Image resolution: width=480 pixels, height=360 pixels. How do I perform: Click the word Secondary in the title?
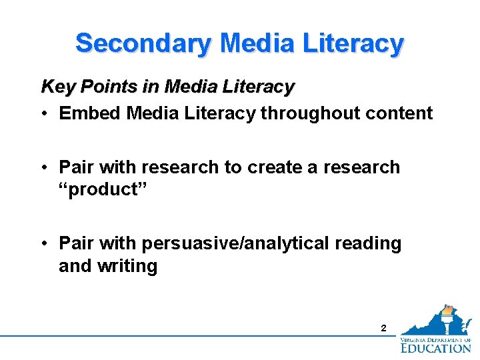click(x=143, y=43)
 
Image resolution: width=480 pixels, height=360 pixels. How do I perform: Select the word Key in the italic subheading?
click(x=55, y=87)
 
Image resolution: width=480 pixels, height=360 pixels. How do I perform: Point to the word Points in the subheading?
click(x=97, y=87)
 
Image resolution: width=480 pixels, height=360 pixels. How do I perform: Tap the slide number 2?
click(x=383, y=328)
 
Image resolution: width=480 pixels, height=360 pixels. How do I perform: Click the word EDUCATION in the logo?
click(x=436, y=347)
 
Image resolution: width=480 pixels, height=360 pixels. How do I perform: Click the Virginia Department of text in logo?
click(x=436, y=339)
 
